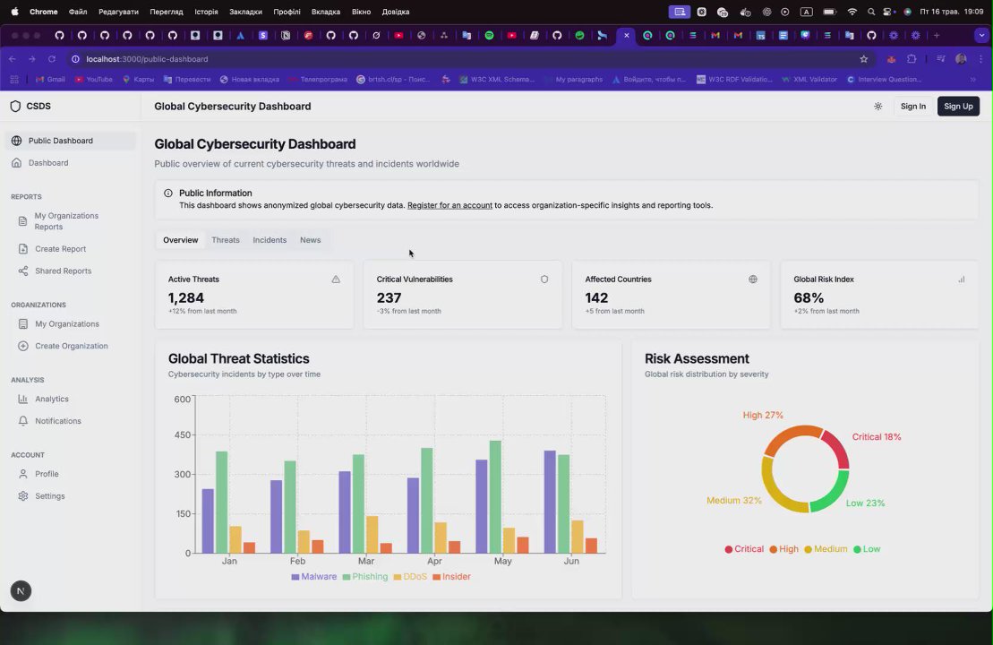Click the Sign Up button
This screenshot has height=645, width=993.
pos(958,107)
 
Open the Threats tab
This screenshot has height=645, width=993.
pos(226,240)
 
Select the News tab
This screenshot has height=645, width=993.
pos(310,240)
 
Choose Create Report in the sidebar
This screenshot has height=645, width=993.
pos(60,249)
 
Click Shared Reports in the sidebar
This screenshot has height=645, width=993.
pos(63,271)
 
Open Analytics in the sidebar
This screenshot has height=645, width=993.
pos(52,400)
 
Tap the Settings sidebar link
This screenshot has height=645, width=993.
pos(50,496)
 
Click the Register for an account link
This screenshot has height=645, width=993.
pos(449,206)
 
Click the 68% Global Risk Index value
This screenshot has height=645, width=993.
pos(809,297)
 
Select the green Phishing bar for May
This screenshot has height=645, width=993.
pos(495,496)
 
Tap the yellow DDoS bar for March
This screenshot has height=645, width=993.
pos(372,534)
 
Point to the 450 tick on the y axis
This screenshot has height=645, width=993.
pos(183,435)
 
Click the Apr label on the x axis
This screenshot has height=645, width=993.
pos(434,562)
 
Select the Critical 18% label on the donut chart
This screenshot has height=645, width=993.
pos(877,437)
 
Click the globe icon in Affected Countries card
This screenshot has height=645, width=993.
pos(753,279)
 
